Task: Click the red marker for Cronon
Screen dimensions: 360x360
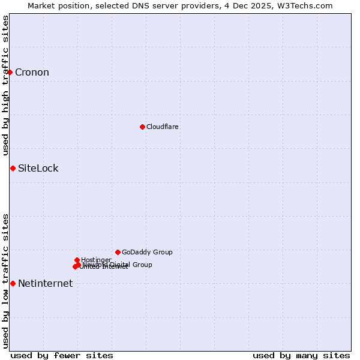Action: (x=10, y=72)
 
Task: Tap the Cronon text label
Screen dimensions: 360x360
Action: (x=32, y=73)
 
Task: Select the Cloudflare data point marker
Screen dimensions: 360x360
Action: (x=142, y=127)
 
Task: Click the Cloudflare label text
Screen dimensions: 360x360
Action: (x=163, y=127)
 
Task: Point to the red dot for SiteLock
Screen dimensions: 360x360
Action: (x=13, y=168)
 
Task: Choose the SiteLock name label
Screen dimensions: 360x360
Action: (x=38, y=168)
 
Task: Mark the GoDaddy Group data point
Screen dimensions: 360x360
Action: (x=118, y=252)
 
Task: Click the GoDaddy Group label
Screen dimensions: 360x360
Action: (x=147, y=252)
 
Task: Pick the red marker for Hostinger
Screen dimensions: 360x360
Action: (x=77, y=260)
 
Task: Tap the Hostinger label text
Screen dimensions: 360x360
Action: (x=96, y=260)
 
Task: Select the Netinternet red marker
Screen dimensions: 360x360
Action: (x=13, y=283)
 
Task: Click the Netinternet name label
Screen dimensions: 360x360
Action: (x=45, y=284)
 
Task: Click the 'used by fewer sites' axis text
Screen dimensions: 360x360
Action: (x=62, y=355)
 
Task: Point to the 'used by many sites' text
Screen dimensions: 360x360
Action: (x=301, y=355)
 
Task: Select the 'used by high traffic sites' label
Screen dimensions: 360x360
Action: (x=5, y=85)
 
